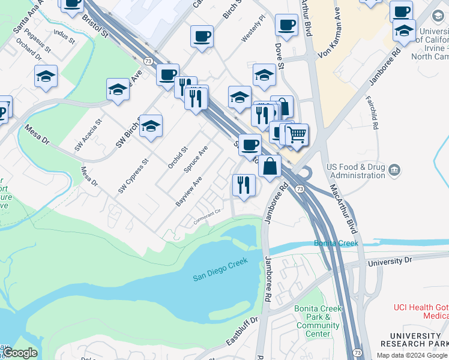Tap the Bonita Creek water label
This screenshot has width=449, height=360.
pos(336,243)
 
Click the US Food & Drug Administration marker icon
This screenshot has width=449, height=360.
pos(394,170)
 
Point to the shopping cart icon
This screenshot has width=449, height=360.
pos(297,136)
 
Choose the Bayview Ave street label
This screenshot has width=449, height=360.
pos(188,191)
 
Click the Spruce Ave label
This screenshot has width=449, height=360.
pos(196,159)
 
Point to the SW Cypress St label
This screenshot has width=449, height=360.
pos(133,176)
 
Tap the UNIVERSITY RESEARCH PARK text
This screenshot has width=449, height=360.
pos(414,340)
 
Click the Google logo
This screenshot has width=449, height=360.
pos(20,353)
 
